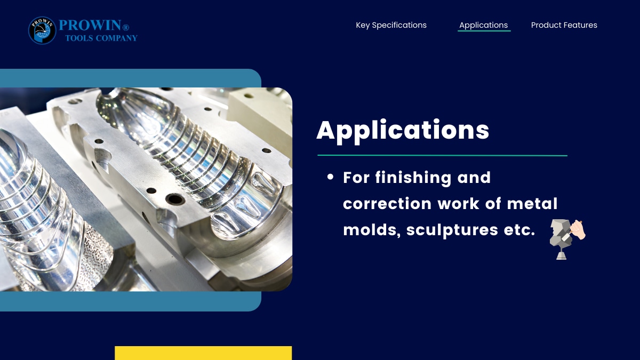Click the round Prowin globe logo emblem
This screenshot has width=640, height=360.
(42, 30)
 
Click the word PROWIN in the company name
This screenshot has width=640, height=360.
(90, 25)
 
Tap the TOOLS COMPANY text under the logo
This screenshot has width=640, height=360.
(101, 38)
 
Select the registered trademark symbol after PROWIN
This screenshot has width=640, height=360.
(126, 27)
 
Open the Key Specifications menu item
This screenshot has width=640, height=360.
(391, 25)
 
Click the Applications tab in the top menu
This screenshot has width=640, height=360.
(483, 25)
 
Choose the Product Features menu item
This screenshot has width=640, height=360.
(564, 25)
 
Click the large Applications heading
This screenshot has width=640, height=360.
(403, 131)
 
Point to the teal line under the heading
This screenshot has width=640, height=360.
(442, 155)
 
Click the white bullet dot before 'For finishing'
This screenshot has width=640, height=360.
(330, 177)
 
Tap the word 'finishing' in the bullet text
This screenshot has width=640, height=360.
(413, 178)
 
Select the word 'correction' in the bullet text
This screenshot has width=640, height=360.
(387, 204)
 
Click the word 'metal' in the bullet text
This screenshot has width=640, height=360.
(532, 203)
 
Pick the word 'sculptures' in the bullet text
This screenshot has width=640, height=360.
(452, 230)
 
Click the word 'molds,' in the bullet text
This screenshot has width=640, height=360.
(372, 230)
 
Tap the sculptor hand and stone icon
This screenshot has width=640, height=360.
(567, 239)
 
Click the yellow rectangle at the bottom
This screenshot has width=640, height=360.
(203, 353)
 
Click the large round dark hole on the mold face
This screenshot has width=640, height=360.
(175, 199)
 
